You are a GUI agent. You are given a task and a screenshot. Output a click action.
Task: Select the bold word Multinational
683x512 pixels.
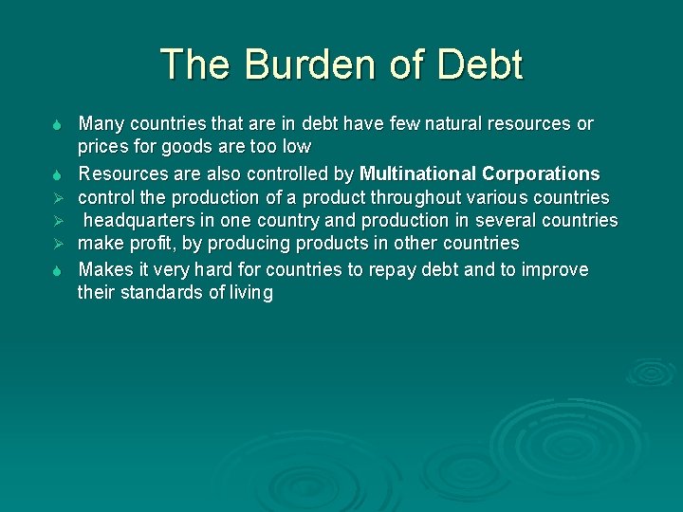417,174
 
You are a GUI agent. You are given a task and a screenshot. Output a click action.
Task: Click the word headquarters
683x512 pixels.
138,221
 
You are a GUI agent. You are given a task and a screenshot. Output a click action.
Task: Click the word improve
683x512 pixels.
555,270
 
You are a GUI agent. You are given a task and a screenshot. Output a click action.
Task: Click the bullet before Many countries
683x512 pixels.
58,125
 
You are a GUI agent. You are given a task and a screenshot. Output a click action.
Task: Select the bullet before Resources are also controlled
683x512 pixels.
58,174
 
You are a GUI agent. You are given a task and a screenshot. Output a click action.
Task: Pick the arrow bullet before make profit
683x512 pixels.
58,245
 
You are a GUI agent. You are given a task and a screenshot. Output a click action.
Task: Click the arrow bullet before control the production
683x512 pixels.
58,198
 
